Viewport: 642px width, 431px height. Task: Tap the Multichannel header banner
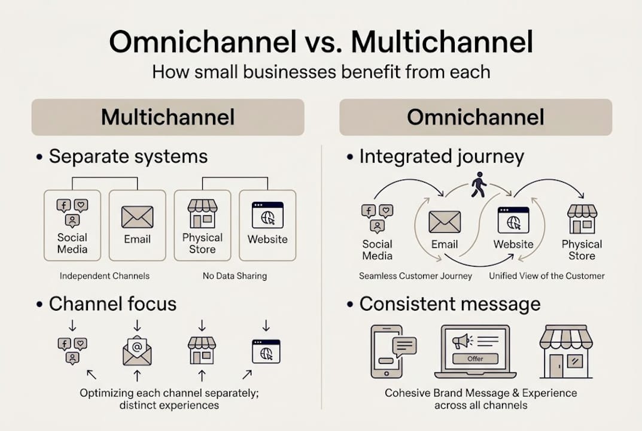coord(168,117)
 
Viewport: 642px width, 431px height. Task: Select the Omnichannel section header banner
coord(476,117)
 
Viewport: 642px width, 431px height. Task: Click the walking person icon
coord(478,184)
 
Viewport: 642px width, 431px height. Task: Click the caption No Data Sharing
coord(235,276)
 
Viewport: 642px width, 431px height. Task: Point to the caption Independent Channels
coord(105,276)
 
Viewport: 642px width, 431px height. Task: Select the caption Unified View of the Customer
coord(547,276)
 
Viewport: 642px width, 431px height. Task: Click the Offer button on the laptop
coord(476,359)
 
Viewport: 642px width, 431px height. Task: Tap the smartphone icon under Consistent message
coord(387,351)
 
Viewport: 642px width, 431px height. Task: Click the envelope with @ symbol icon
coord(137,351)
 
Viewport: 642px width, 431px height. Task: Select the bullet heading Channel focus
coord(112,303)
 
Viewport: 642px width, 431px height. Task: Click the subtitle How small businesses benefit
coord(321,72)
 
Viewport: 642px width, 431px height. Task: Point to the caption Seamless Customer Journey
coord(415,276)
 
